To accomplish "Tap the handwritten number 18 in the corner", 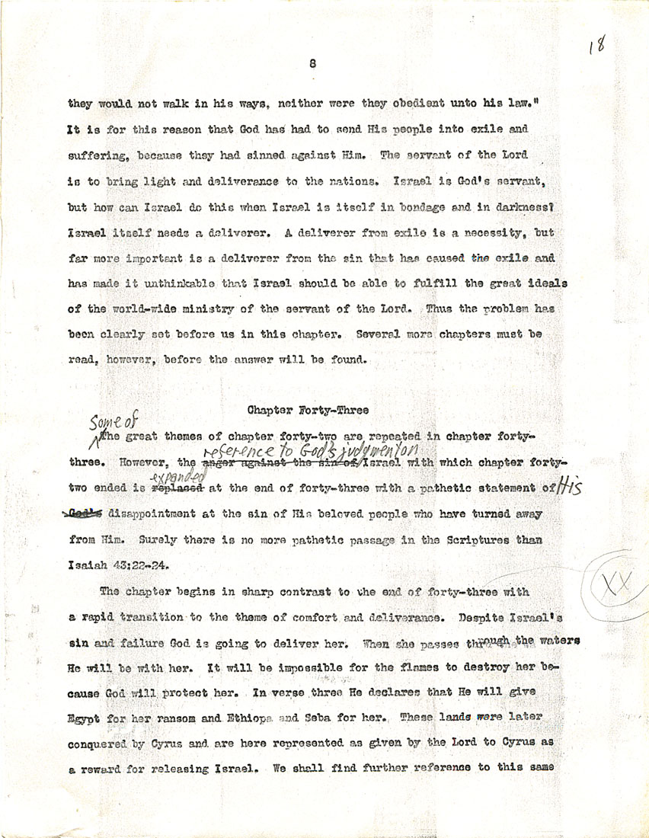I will (x=596, y=46).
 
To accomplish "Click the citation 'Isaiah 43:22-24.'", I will (x=117, y=566).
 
